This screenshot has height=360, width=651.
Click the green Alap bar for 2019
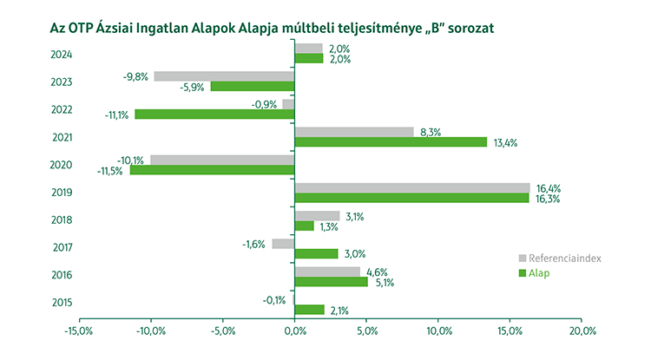(x=411, y=198)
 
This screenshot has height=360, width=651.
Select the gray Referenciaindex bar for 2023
(x=224, y=76)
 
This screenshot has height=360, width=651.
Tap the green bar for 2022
(x=214, y=114)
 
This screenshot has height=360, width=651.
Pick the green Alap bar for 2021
(x=391, y=141)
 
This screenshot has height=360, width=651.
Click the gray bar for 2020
(x=222, y=160)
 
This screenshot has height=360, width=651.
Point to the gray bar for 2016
(x=327, y=272)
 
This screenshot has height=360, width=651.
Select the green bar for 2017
(x=316, y=253)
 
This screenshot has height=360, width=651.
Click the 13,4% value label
(x=504, y=142)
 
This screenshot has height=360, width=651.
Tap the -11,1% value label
(x=116, y=115)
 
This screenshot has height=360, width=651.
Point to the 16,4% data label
(x=547, y=187)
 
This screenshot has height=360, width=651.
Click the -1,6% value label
(x=254, y=244)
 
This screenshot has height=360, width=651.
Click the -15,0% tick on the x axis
(x=79, y=331)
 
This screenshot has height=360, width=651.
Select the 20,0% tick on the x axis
(x=582, y=331)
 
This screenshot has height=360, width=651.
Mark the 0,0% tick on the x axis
(x=295, y=331)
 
